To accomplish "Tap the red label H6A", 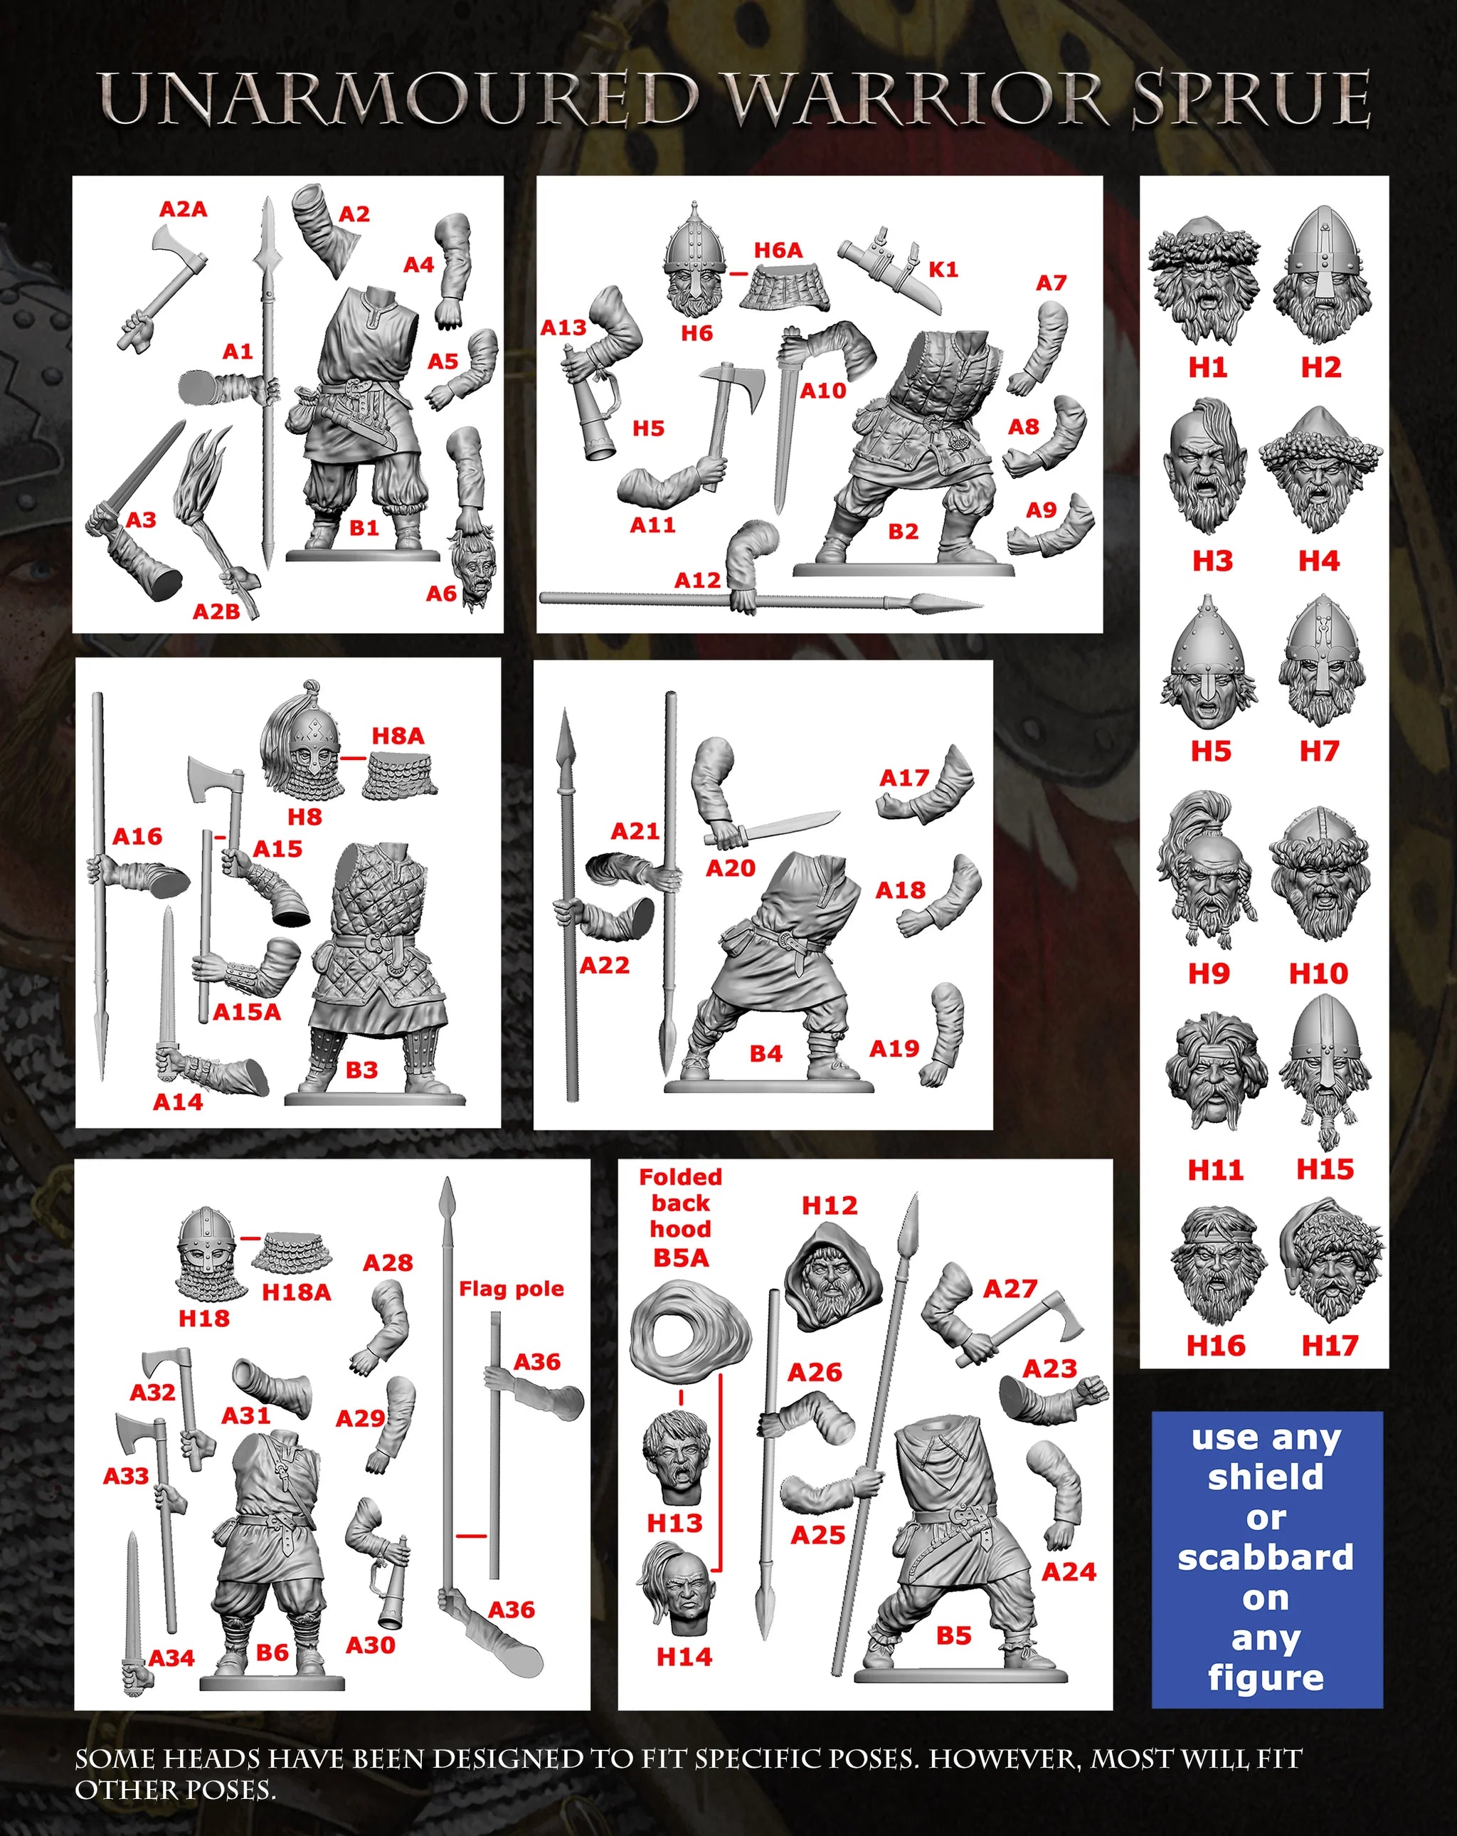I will (x=778, y=250).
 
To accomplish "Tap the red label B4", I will (x=765, y=1053).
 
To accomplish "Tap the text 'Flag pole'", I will (x=511, y=1289).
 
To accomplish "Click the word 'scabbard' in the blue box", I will (x=1266, y=1556).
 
